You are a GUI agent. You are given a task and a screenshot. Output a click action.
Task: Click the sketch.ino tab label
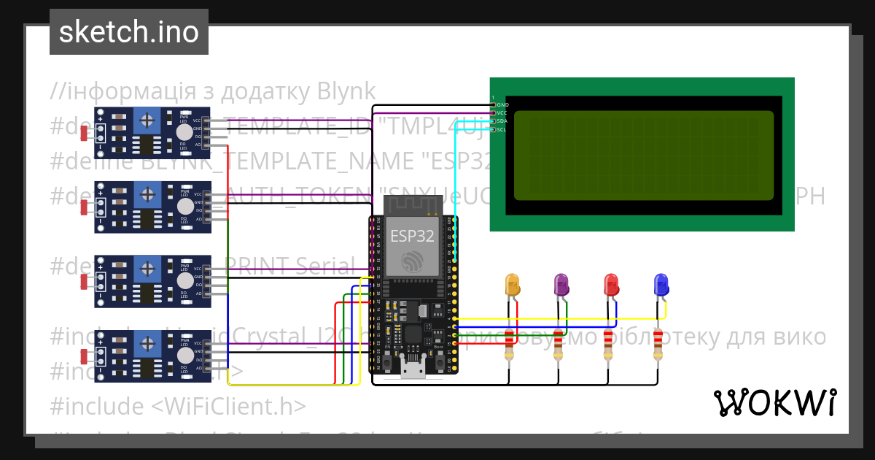click(x=128, y=32)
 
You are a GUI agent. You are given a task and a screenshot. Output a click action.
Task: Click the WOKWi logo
click(x=774, y=402)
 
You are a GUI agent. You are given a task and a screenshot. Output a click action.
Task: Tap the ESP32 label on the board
click(x=412, y=236)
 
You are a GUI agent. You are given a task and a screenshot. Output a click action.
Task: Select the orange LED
click(x=513, y=285)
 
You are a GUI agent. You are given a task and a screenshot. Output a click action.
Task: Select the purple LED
click(x=561, y=285)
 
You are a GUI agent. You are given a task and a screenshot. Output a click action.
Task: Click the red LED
click(x=611, y=285)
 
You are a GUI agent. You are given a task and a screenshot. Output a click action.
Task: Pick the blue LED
click(x=661, y=285)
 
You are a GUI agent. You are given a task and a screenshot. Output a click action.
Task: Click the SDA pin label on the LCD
click(x=502, y=121)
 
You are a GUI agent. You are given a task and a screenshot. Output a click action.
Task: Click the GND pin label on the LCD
click(x=502, y=104)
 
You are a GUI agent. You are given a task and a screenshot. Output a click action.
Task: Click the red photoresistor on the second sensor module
click(x=85, y=207)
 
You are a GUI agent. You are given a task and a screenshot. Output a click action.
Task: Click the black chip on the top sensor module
click(x=148, y=145)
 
